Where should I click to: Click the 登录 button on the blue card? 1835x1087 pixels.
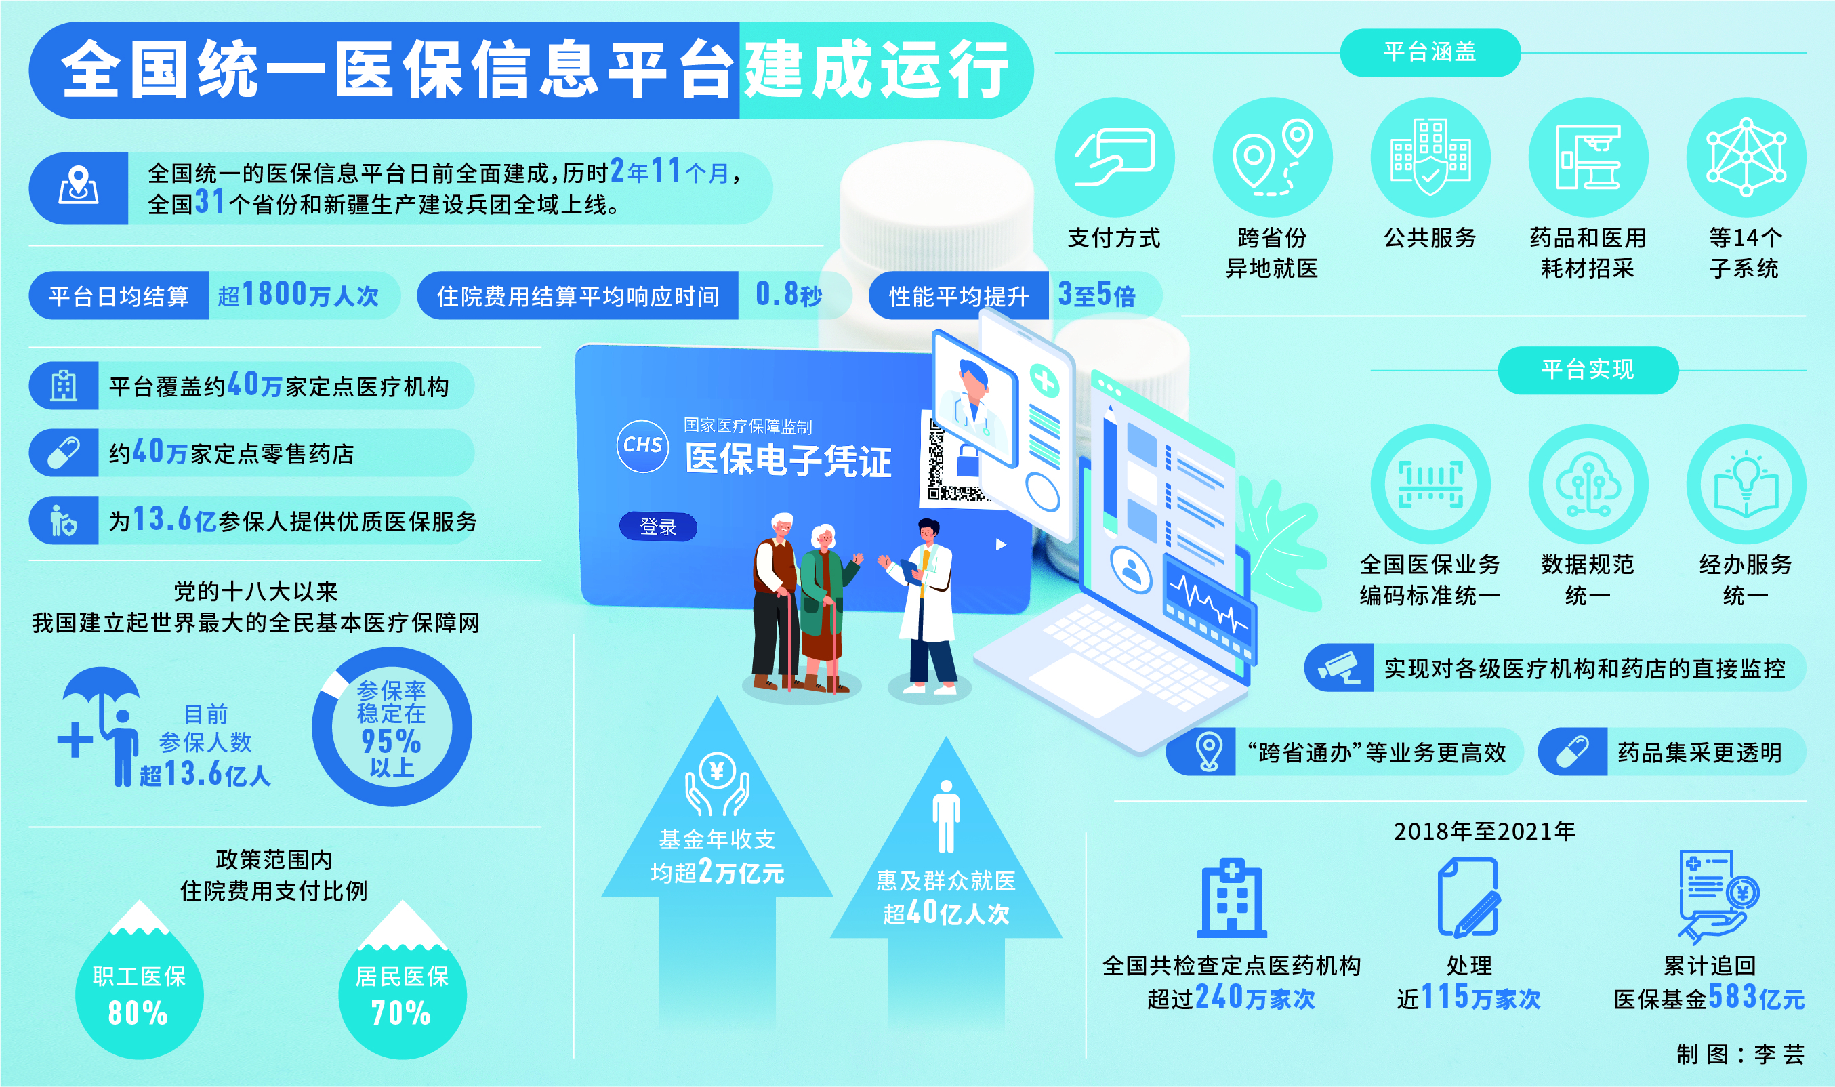click(657, 527)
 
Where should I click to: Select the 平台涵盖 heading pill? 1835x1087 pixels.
click(1429, 52)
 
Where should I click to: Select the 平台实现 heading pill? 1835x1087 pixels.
click(1588, 370)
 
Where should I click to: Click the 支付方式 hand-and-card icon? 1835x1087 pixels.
click(1114, 157)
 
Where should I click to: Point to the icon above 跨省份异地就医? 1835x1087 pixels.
click(1272, 157)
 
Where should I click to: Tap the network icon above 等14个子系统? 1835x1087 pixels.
click(1746, 157)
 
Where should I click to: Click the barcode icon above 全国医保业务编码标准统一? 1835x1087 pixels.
click(1430, 484)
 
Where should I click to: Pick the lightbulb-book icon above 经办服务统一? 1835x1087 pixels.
click(1746, 484)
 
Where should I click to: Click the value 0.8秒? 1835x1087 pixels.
click(789, 295)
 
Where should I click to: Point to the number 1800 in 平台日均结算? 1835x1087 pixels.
click(274, 295)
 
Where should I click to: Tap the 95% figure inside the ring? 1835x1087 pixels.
click(391, 741)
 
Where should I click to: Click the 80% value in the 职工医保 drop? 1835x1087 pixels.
click(138, 1013)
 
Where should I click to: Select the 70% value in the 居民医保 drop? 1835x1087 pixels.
click(400, 1013)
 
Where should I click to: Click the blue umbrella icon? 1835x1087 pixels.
click(101, 726)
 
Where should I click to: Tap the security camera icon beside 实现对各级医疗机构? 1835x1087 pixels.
click(1339, 668)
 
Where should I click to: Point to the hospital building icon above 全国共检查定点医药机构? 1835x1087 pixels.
click(1232, 898)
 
